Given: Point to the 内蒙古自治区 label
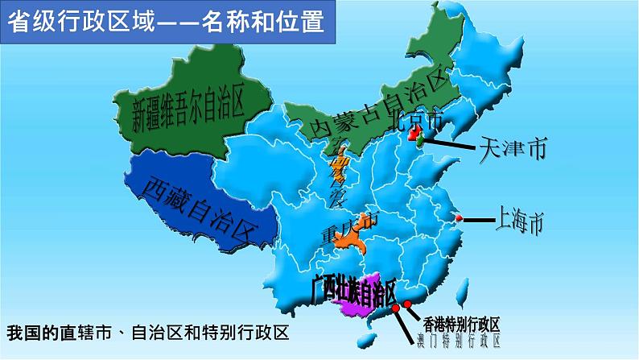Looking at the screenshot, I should point(378,106).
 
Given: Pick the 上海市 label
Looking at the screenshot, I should point(520,220).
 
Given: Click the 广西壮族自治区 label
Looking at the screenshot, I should point(354,291).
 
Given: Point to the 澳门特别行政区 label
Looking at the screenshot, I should point(456,341).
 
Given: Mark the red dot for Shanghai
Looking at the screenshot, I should point(458,219).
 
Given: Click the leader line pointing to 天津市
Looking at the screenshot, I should point(451,146).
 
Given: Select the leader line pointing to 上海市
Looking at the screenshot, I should point(476,219).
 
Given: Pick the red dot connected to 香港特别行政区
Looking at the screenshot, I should point(408,304).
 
